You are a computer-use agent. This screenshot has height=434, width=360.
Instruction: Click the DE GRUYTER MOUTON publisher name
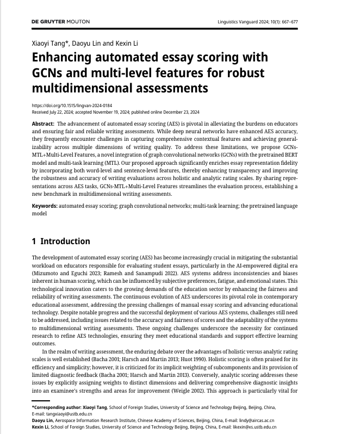pyautogui.click(x=61, y=22)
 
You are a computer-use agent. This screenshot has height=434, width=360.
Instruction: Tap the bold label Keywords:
pyautogui.click(x=45, y=207)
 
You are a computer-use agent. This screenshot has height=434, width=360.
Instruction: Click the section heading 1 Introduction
pyautogui.click(x=61, y=241)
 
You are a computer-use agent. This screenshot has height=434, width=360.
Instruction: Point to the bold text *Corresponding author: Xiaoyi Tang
pyautogui.click(x=69, y=407)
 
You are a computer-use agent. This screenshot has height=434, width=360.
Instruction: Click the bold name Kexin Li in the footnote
pyautogui.click(x=42, y=427)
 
